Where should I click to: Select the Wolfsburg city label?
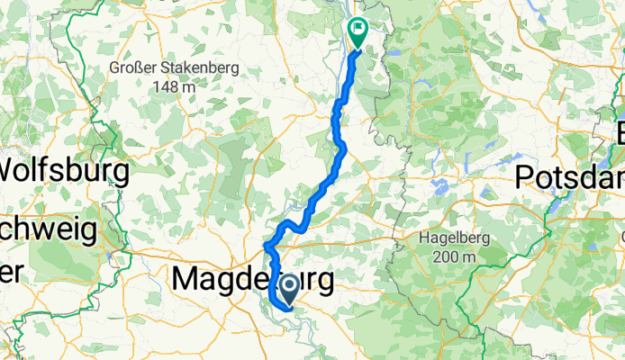(x=65, y=169)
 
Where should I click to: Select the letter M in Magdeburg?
(x=186, y=279)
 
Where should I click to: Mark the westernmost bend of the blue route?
(x=265, y=245)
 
